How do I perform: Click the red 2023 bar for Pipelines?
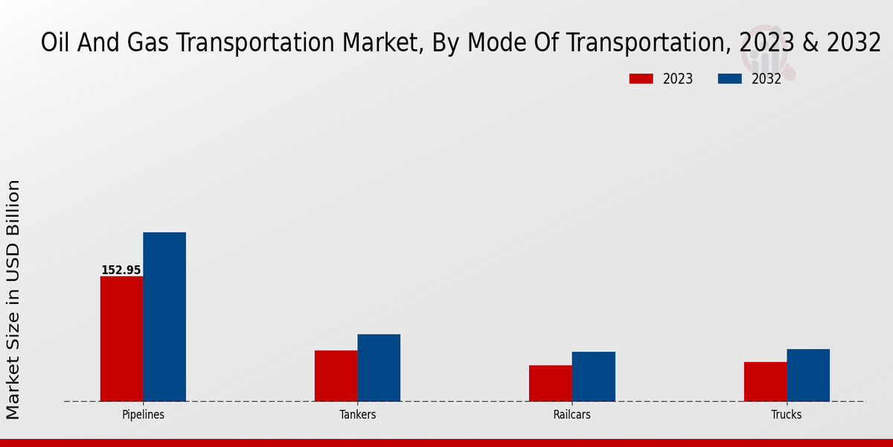tap(121, 339)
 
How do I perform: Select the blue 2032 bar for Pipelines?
tap(164, 317)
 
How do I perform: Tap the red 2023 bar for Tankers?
tap(336, 375)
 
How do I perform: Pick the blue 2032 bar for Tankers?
tap(379, 367)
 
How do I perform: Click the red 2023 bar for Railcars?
tap(551, 383)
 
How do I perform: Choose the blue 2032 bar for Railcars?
tap(594, 376)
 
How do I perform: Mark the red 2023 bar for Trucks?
tap(765, 381)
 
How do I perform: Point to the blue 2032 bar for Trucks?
tap(808, 375)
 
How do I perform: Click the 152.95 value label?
tap(121, 270)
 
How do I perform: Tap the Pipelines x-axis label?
tap(143, 415)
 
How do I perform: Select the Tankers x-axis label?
tap(357, 415)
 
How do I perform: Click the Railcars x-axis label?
tap(572, 415)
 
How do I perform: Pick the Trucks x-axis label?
tap(787, 415)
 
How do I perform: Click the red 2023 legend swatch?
tap(641, 79)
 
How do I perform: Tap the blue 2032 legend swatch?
tap(730, 79)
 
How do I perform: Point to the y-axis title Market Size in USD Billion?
tap(14, 299)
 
